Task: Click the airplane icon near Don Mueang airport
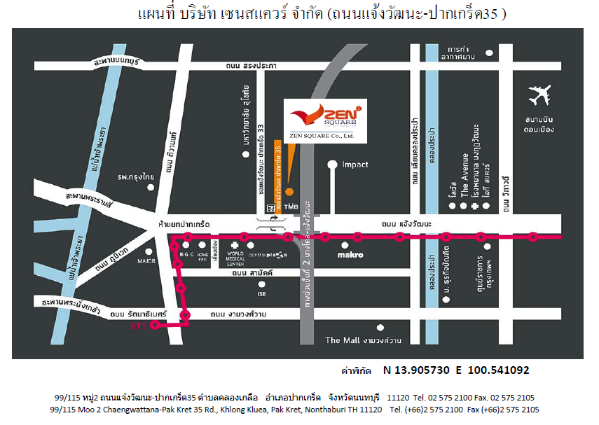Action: [x=540, y=95]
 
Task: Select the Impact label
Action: [x=354, y=165]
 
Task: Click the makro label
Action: [x=350, y=255]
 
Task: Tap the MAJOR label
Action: [x=146, y=261]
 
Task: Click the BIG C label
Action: [x=186, y=255]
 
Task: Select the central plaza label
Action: [x=268, y=255]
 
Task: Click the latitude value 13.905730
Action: [x=417, y=370]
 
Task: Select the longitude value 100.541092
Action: [x=493, y=370]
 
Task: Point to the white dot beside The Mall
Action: [x=380, y=327]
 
